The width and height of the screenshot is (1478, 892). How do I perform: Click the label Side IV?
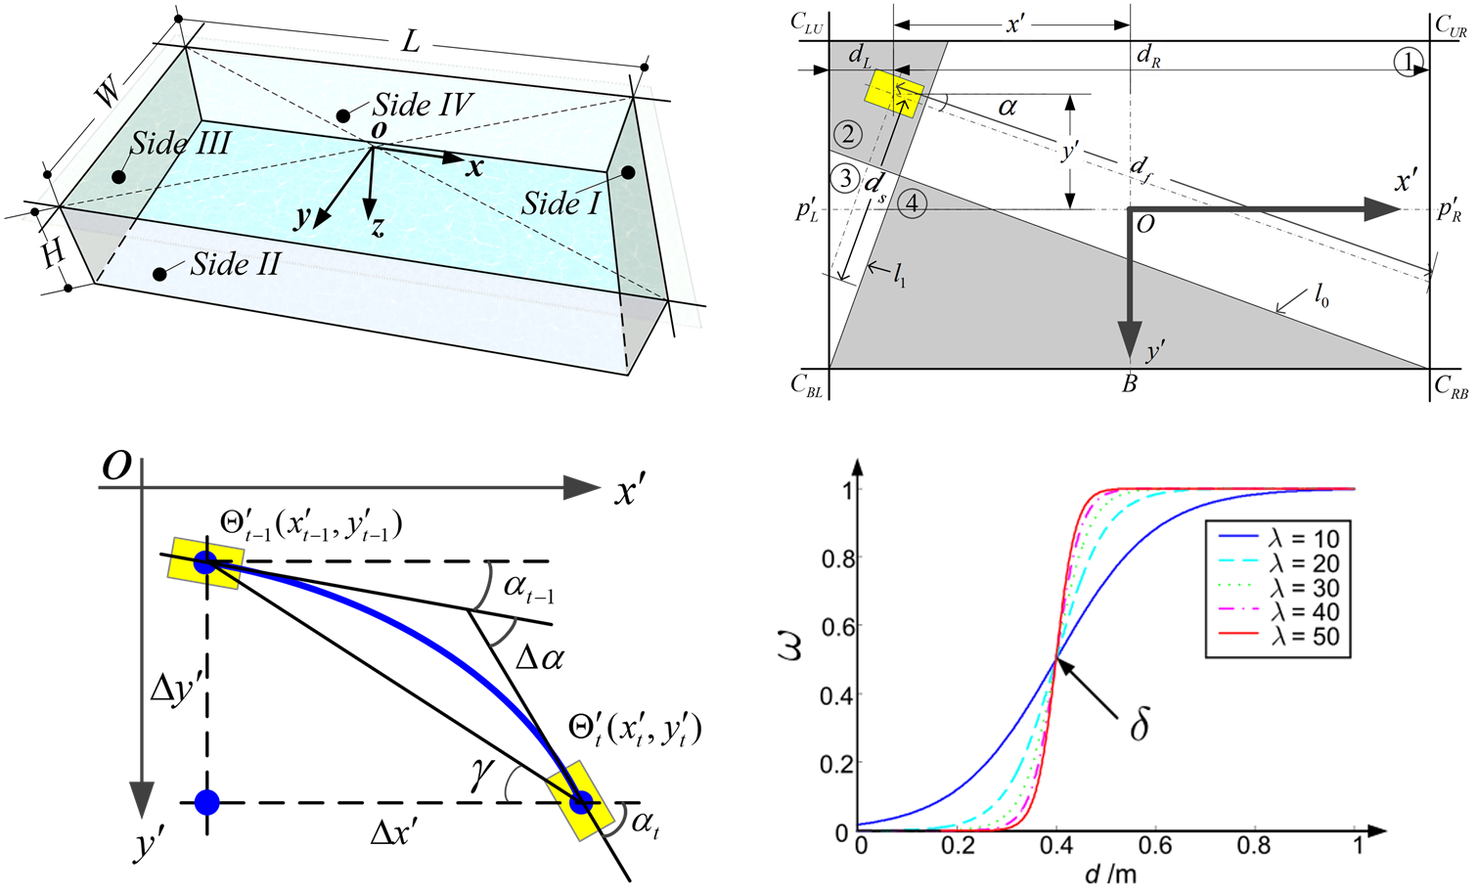[x=423, y=105]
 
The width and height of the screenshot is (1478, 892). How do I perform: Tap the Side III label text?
[x=180, y=144]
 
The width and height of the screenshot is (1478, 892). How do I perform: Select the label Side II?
[x=235, y=264]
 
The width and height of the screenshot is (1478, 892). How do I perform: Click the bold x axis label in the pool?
[x=474, y=168]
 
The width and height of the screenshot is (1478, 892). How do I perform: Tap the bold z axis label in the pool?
[x=378, y=229]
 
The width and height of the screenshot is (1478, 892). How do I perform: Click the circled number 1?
[x=1408, y=63]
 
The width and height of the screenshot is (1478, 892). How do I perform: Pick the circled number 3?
[x=844, y=178]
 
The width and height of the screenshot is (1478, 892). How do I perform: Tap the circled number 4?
[x=912, y=203]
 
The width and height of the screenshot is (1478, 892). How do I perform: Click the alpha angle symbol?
[x=1007, y=107]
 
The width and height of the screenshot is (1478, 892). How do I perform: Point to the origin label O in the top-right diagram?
[x=1145, y=225]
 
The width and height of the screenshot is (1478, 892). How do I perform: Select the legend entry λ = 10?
[x=1279, y=539]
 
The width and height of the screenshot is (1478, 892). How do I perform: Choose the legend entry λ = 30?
[x=1279, y=588]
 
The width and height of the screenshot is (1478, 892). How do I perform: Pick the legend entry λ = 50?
[x=1279, y=637]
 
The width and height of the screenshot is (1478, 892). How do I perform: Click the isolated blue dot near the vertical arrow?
[x=206, y=803]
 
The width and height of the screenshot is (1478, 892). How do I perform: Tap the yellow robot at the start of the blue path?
[x=205, y=562]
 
